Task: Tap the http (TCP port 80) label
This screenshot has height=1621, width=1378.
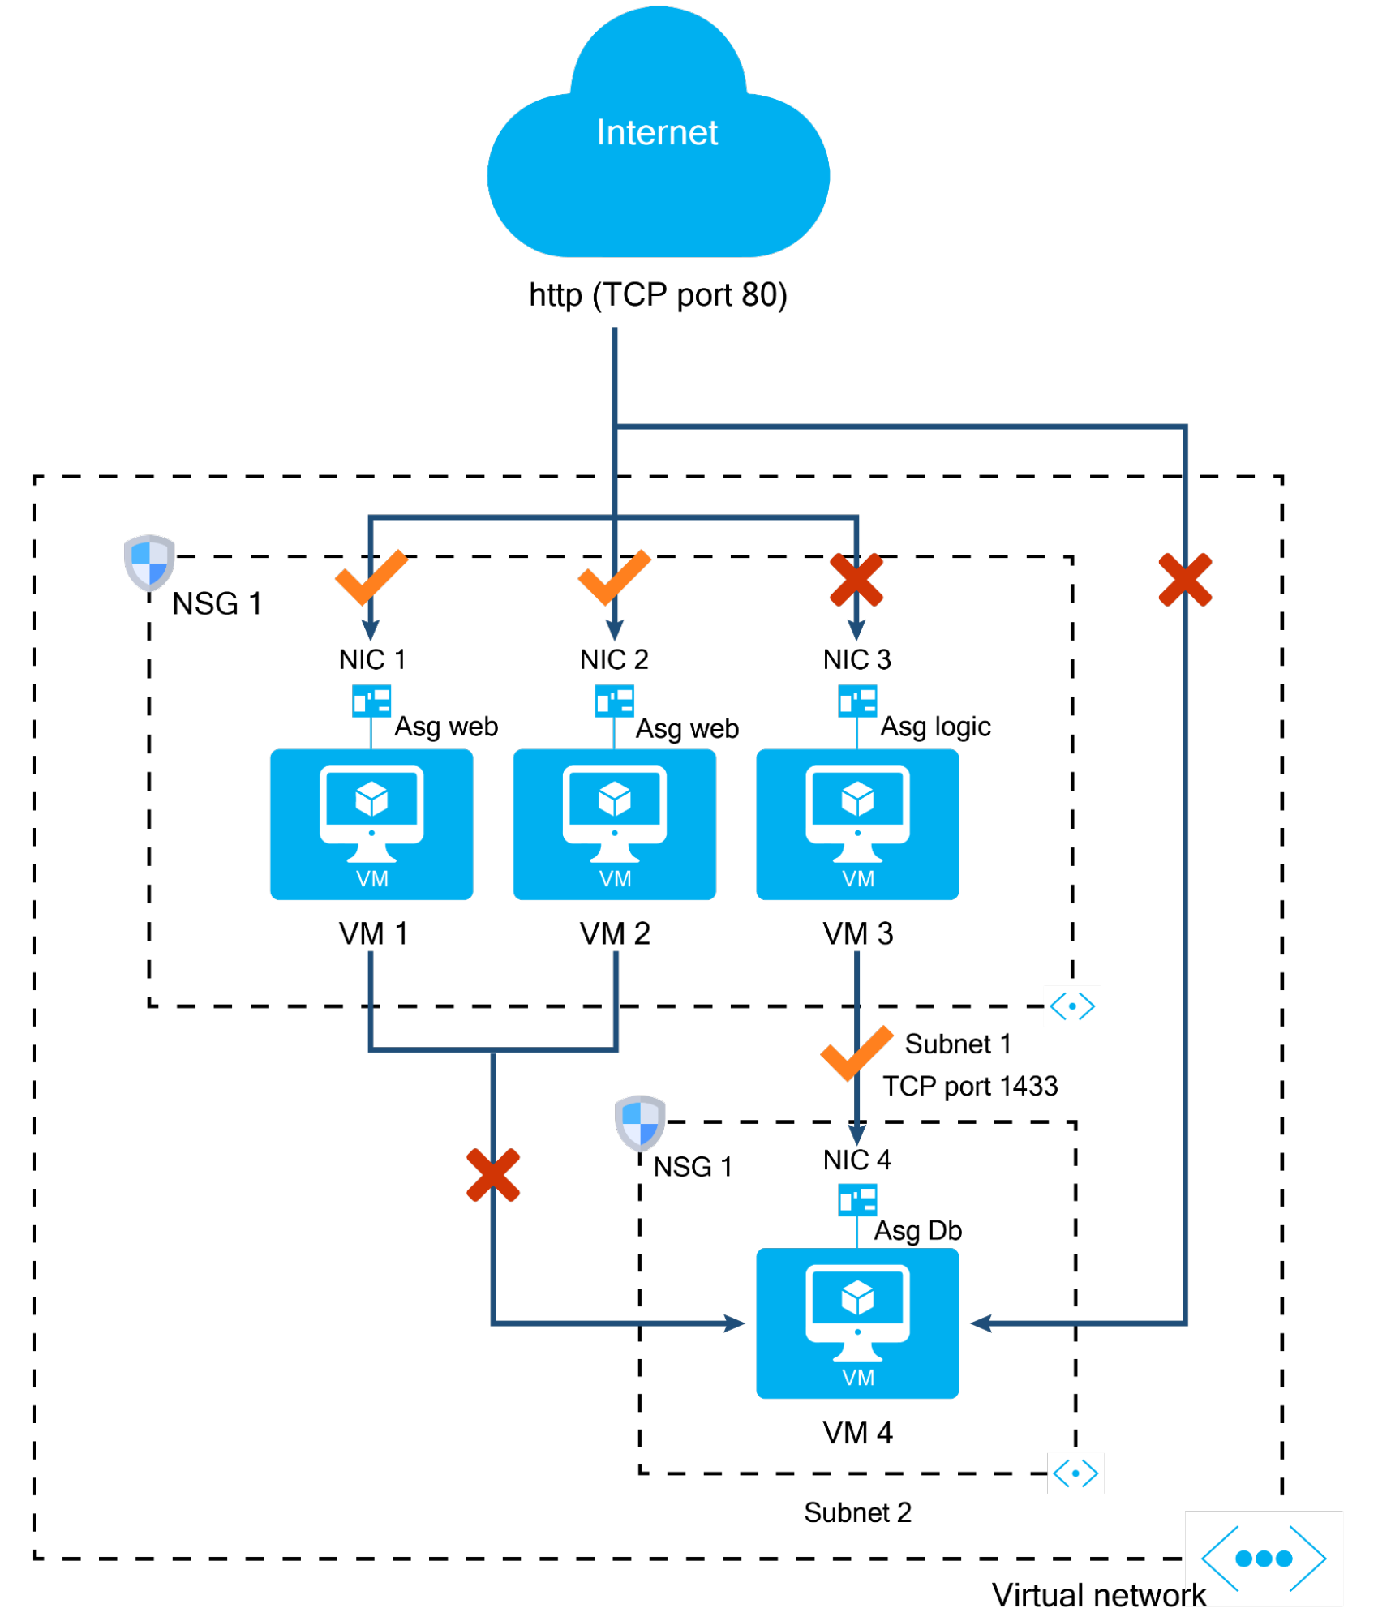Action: (x=658, y=295)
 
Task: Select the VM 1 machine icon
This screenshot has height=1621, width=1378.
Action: (x=371, y=824)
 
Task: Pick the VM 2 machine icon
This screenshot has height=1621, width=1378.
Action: (x=615, y=824)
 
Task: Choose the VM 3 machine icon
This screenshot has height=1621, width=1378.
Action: (x=857, y=824)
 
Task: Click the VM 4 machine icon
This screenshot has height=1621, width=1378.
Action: (x=857, y=1323)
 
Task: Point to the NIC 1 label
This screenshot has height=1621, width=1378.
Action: (x=372, y=659)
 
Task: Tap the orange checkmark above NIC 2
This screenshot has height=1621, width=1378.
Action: (x=614, y=577)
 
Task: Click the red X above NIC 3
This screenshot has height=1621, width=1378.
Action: (x=856, y=580)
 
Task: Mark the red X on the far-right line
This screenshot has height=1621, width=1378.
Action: (x=1185, y=580)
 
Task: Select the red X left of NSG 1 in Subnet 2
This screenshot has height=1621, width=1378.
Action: (x=493, y=1175)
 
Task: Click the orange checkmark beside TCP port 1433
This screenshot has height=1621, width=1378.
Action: (x=856, y=1053)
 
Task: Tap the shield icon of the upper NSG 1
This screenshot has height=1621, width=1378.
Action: (x=149, y=562)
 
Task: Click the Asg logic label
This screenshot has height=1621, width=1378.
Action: (x=936, y=727)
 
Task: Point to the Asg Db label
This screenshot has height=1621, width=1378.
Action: (x=918, y=1231)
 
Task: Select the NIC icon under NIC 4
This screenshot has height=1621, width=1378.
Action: (x=857, y=1200)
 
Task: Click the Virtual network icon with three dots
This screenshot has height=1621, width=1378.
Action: (x=1264, y=1559)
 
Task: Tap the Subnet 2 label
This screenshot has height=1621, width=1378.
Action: (x=858, y=1512)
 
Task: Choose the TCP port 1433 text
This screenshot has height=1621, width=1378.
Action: (x=971, y=1087)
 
